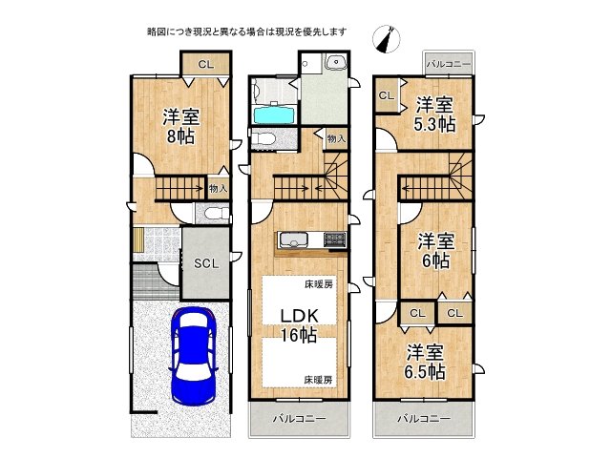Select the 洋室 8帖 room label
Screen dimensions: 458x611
180,126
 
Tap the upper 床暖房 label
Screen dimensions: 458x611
318,284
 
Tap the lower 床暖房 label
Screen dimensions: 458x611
318,380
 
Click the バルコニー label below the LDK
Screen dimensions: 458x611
299,419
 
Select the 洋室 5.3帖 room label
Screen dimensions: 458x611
434,114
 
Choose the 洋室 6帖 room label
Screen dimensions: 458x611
434,250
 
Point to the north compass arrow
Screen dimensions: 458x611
388,39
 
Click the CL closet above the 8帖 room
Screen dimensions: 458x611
205,64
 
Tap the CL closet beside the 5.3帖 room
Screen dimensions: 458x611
387,95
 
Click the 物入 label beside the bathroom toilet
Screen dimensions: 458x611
335,139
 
